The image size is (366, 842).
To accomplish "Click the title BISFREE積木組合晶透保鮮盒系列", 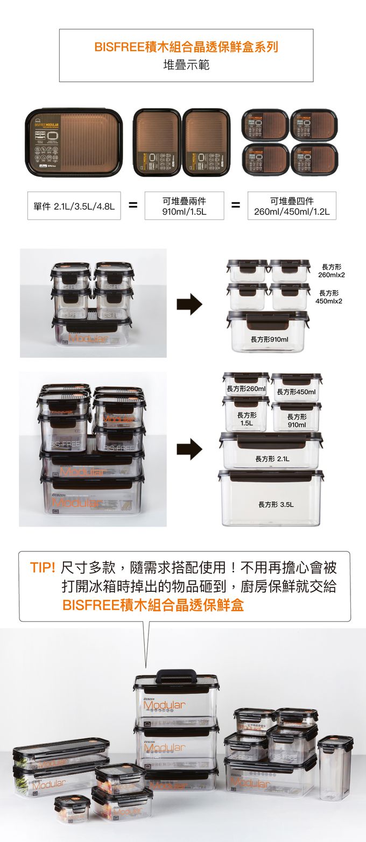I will (x=186, y=47).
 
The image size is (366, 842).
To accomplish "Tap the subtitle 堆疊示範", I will (x=186, y=65).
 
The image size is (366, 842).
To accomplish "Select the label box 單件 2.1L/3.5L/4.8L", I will (x=74, y=206).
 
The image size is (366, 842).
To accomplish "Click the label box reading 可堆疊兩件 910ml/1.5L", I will (x=185, y=206).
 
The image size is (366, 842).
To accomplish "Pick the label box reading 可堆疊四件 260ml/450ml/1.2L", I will (x=292, y=206).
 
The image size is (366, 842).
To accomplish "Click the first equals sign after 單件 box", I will (x=133, y=206).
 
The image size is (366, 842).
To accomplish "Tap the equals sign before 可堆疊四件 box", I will (x=235, y=206).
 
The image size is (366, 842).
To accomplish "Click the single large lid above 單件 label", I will (x=74, y=143).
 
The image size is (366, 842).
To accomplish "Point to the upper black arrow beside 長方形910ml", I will (x=189, y=304).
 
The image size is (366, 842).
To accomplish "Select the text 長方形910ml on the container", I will (x=269, y=339).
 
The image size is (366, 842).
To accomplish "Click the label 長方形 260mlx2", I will (x=332, y=271).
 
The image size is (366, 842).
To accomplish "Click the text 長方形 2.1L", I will (x=272, y=459).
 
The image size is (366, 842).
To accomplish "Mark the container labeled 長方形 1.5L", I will (x=246, y=416).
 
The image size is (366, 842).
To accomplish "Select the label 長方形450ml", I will (x=296, y=392).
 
